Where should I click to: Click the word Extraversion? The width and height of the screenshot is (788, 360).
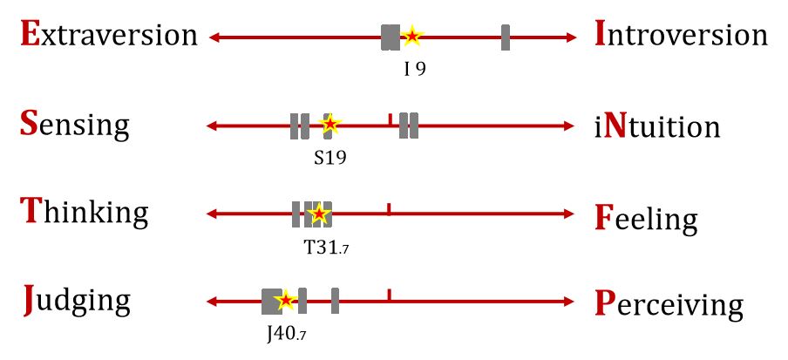[108, 35]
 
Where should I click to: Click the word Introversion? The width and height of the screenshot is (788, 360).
[680, 35]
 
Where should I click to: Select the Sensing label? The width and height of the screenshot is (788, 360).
[74, 125]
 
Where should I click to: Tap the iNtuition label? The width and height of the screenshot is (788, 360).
[656, 127]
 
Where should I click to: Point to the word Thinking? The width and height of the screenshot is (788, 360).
[84, 211]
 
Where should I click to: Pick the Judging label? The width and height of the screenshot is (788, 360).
[76, 302]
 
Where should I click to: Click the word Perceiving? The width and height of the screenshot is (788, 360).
[669, 305]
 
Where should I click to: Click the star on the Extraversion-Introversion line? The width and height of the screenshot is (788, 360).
[411, 37]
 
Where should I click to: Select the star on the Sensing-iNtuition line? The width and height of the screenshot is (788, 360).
[329, 126]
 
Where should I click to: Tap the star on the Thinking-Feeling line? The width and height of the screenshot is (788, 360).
[319, 214]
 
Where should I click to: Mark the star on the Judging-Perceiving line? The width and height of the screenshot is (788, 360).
[284, 302]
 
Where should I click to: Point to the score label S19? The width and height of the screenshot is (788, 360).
[330, 159]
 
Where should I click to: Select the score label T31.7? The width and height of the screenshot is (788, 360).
[325, 248]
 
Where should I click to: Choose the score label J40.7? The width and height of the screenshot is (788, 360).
[286, 335]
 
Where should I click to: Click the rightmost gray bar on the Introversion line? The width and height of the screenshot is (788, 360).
[506, 37]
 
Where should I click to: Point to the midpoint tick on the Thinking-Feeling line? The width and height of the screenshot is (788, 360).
[389, 210]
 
